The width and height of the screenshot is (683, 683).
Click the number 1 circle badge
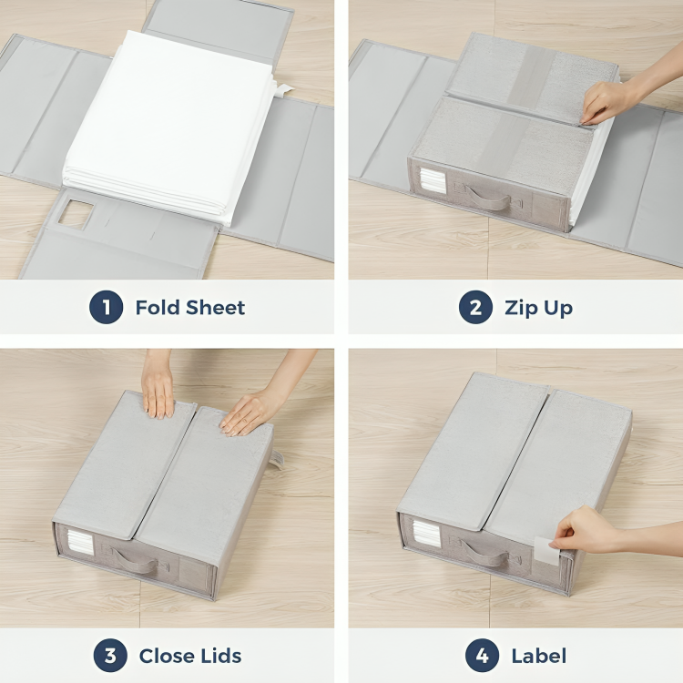point(107,308)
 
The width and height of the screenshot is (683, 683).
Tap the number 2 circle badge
point(475,308)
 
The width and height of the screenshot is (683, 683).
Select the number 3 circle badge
point(110,656)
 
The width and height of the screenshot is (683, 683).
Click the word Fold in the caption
point(157,308)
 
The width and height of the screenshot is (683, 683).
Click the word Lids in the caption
point(221,656)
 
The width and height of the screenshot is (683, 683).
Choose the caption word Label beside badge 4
point(540,656)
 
